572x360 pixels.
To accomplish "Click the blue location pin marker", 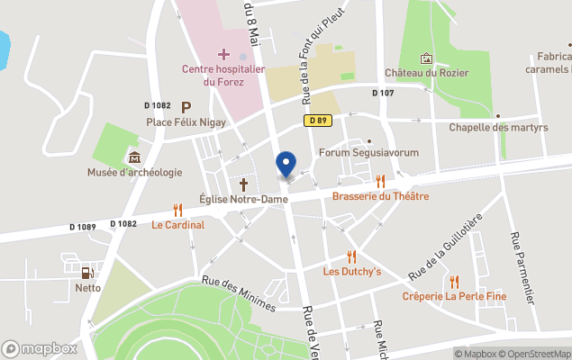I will pyautogui.click(x=286, y=164).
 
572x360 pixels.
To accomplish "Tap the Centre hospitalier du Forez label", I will pyautogui.click(x=222, y=75).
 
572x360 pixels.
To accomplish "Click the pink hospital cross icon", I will pyautogui.click(x=223, y=55).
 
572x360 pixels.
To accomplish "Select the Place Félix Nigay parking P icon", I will pyautogui.click(x=186, y=106).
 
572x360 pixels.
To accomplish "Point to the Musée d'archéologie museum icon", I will pyautogui.click(x=134, y=158).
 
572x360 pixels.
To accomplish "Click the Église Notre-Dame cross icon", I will pyautogui.click(x=242, y=184).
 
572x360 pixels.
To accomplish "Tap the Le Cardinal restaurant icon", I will pyautogui.click(x=177, y=210).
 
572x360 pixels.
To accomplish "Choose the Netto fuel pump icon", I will pyautogui.click(x=87, y=273).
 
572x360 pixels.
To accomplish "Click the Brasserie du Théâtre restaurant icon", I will pyautogui.click(x=380, y=181).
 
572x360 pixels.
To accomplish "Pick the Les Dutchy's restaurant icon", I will pyautogui.click(x=352, y=256).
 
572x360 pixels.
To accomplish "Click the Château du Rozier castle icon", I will pyautogui.click(x=426, y=58).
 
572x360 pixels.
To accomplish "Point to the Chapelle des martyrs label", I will pyautogui.click(x=498, y=128).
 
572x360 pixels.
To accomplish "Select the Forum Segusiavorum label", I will pyautogui.click(x=368, y=153).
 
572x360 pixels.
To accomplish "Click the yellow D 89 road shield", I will pyautogui.click(x=316, y=120).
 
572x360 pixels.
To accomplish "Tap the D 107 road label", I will pyautogui.click(x=383, y=93).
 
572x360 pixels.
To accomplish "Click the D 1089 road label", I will pyautogui.click(x=80, y=227).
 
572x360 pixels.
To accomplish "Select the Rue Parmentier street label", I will pyautogui.click(x=526, y=266).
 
